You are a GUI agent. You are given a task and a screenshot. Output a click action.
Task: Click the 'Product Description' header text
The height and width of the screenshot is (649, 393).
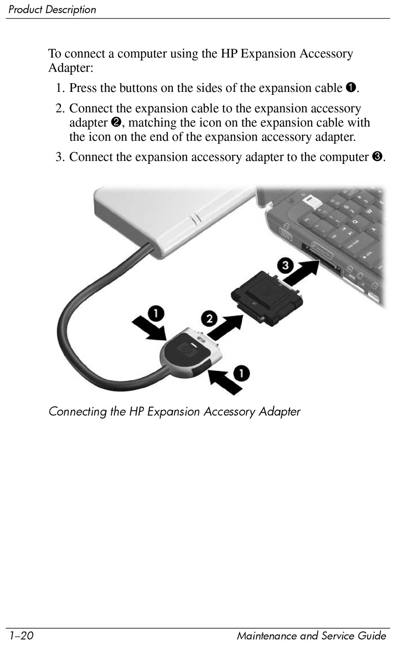tap(52, 10)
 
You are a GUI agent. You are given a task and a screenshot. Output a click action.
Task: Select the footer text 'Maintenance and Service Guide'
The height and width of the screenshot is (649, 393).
tap(311, 635)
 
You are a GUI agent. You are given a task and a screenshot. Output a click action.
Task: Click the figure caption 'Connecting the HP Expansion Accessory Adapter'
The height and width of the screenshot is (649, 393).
tap(174, 411)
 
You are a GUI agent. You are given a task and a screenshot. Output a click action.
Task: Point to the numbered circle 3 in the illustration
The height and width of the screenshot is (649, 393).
tap(285, 265)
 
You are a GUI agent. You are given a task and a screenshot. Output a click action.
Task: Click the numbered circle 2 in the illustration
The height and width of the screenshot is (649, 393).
tap(209, 319)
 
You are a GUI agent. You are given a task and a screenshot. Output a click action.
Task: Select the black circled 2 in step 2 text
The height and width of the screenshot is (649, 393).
tap(116, 123)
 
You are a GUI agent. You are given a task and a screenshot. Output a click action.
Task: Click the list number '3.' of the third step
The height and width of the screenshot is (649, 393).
tap(60, 157)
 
